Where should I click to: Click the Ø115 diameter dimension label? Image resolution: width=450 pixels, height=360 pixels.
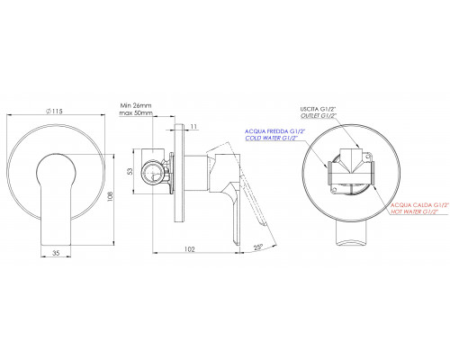coord(54,111)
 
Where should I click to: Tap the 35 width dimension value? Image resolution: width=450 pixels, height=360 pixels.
coord(56,253)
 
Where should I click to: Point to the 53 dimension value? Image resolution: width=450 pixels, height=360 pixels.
coord(130,171)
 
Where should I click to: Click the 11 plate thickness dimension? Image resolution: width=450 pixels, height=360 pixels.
coord(193,127)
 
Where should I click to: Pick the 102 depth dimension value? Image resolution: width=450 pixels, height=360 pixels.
coord(190,249)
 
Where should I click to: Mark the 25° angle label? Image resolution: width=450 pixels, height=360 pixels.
coord(258,247)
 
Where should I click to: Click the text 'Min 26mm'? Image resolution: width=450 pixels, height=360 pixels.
coord(136,105)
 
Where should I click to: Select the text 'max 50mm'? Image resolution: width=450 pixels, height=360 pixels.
coord(136,113)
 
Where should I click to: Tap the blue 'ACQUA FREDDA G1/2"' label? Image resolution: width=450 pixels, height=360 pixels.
coord(275,131)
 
